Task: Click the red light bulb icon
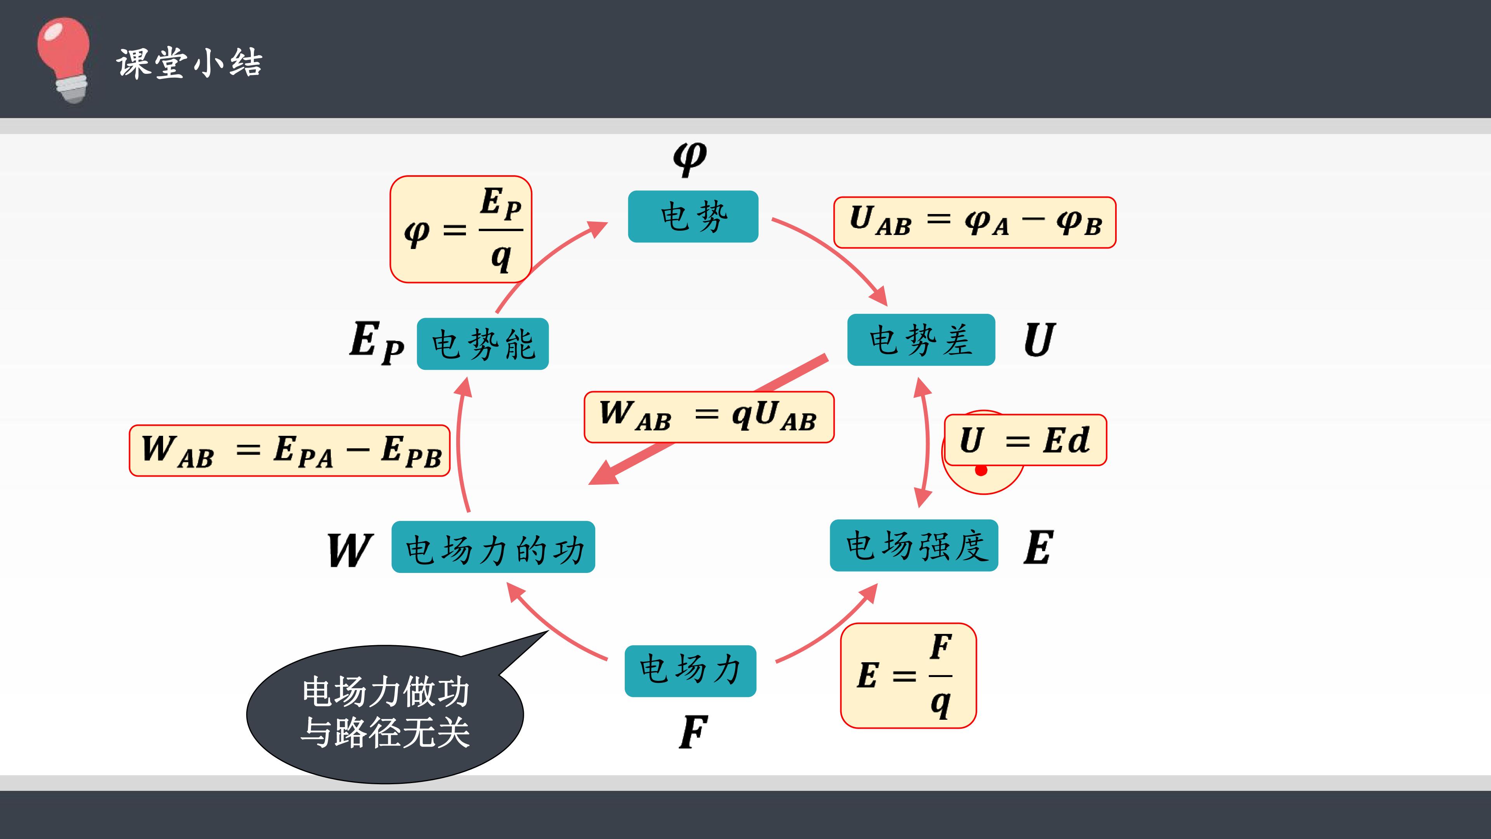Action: click(x=64, y=60)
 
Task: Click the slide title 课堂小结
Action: click(x=189, y=63)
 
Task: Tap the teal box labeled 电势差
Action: click(x=921, y=340)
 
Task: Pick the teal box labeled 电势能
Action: click(x=483, y=344)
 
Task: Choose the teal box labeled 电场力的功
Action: click(x=493, y=547)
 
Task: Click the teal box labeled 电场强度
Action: click(x=914, y=545)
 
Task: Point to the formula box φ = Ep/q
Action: click(x=461, y=229)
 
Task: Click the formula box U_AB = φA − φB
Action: click(x=975, y=222)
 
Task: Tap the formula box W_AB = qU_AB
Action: click(x=709, y=417)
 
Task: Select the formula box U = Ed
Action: click(x=1025, y=440)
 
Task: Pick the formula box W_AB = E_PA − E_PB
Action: click(x=289, y=451)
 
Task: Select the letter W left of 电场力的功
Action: click(x=349, y=550)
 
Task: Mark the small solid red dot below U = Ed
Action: click(x=981, y=470)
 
